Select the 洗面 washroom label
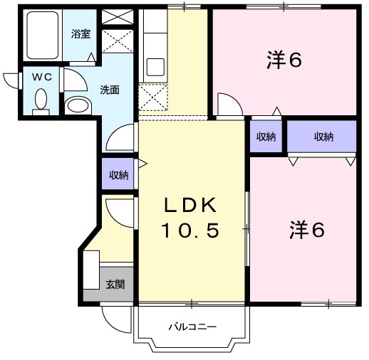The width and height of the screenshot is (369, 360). coord(109,90)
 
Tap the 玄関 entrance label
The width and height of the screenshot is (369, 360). coord(115,285)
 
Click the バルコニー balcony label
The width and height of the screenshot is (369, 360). coord(192,327)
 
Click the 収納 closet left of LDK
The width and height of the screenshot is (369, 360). coord(118,175)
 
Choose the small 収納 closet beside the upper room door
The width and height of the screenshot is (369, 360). coord(265,137)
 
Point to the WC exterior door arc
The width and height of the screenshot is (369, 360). coord(11,80)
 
